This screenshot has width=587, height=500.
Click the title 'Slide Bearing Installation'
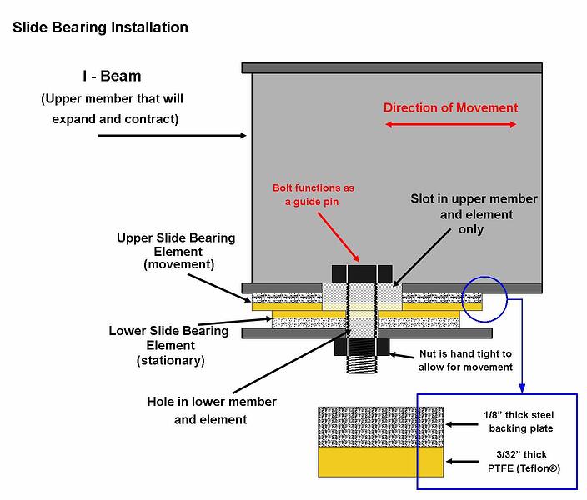coord(100,27)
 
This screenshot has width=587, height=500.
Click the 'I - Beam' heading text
coord(111,77)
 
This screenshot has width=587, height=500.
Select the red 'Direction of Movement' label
coord(450,107)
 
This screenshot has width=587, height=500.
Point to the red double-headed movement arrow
coord(450,125)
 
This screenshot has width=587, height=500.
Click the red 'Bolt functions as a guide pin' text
coord(314,194)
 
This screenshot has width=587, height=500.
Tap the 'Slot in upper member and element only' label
coord(474,214)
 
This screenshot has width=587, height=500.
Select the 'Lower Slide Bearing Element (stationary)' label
coord(168,345)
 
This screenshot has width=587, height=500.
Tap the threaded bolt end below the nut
coord(361,365)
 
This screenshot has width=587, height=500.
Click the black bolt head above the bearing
coord(361,273)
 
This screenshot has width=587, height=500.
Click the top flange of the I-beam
coord(392,67)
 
